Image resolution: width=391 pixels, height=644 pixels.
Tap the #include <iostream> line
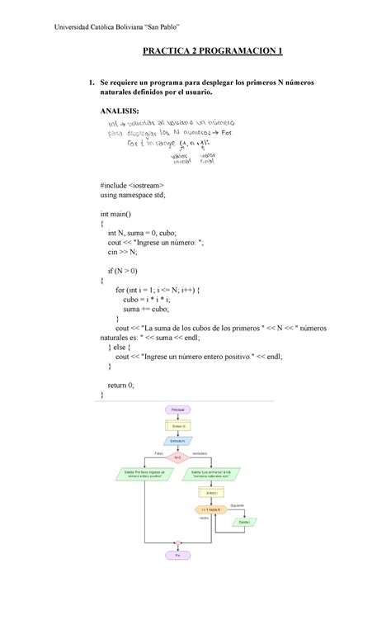[133, 185]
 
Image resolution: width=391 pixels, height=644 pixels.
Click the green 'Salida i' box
[244, 522]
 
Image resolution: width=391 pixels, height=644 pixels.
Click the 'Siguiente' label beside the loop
[244, 504]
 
